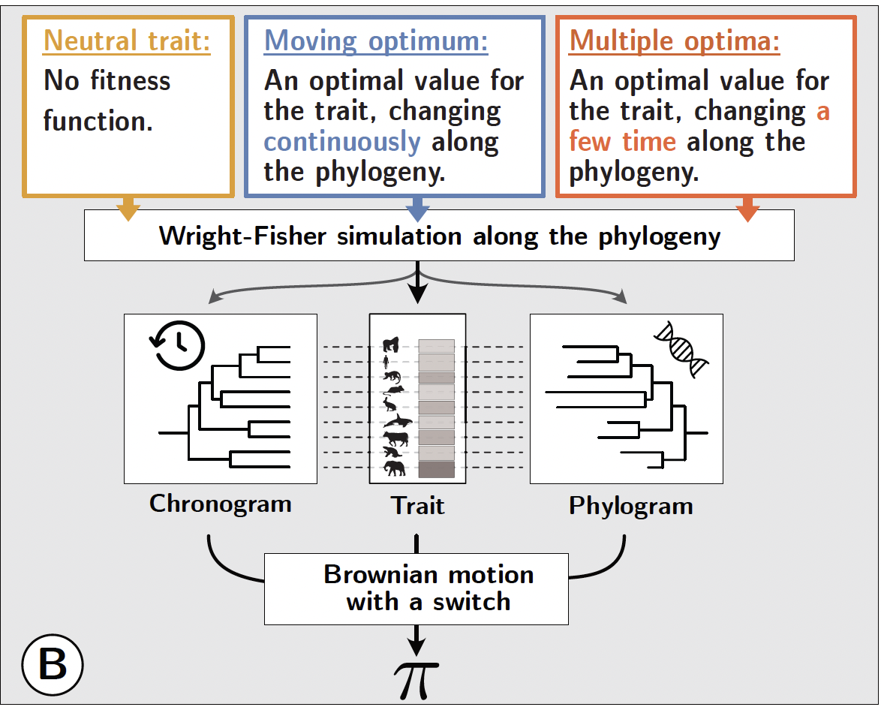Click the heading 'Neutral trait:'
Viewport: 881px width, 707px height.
pos(127,41)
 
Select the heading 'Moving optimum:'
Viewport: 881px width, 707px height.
pos(376,41)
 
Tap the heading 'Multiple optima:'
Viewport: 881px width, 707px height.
pos(675,41)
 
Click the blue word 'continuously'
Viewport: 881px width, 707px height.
pos(342,142)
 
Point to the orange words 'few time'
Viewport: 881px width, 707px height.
pos(623,142)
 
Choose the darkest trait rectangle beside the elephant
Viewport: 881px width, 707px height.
pos(436,470)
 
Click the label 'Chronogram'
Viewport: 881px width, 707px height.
pos(220,503)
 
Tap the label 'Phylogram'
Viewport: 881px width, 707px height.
pos(630,506)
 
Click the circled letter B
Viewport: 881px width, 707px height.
pos(52,664)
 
